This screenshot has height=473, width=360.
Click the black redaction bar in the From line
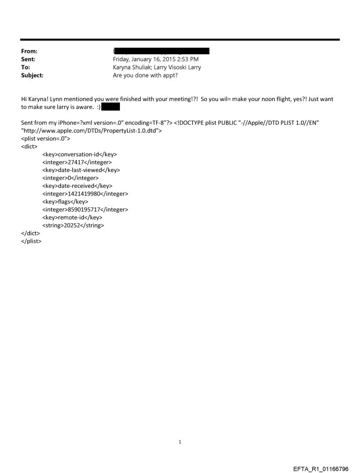161,52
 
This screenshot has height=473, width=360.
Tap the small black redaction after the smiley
111,107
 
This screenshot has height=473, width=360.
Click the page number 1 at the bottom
180,442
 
